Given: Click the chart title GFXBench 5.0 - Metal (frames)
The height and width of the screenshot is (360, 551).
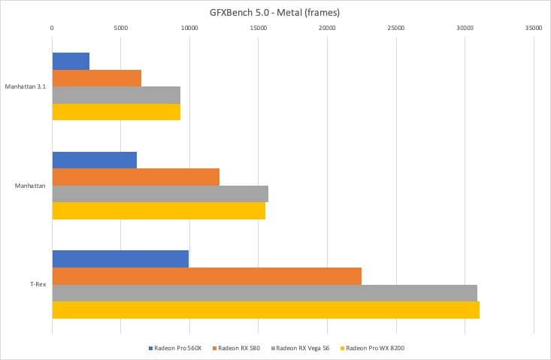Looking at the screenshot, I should pyautogui.click(x=275, y=11).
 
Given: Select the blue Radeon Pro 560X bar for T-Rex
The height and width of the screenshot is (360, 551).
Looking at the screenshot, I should pyautogui.click(x=120, y=259).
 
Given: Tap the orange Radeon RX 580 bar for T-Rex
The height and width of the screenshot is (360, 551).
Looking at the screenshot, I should pyautogui.click(x=207, y=276).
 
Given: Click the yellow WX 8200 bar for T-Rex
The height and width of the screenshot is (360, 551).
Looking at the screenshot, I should pyautogui.click(x=265, y=310).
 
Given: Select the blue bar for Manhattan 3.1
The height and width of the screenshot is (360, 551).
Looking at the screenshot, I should pyautogui.click(x=71, y=61).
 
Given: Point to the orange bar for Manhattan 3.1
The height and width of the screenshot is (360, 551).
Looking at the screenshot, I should pyautogui.click(x=96, y=77).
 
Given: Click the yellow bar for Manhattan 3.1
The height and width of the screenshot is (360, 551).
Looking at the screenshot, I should pyautogui.click(x=116, y=111).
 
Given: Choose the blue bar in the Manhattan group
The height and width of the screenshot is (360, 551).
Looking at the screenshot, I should pyautogui.click(x=94, y=160).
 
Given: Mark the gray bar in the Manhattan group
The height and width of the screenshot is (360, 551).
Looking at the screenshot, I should pyautogui.click(x=160, y=193).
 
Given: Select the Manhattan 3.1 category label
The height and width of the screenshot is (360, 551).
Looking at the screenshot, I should pyautogui.click(x=25, y=86).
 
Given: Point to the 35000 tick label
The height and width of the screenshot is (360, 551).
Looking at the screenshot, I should pyautogui.click(x=534, y=28).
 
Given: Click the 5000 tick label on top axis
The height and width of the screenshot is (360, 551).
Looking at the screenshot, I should pyautogui.click(x=120, y=28).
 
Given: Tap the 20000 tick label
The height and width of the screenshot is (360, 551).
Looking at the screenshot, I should pyautogui.click(x=327, y=28).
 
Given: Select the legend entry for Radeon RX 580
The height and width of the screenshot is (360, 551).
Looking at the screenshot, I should pyautogui.click(x=239, y=348).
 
